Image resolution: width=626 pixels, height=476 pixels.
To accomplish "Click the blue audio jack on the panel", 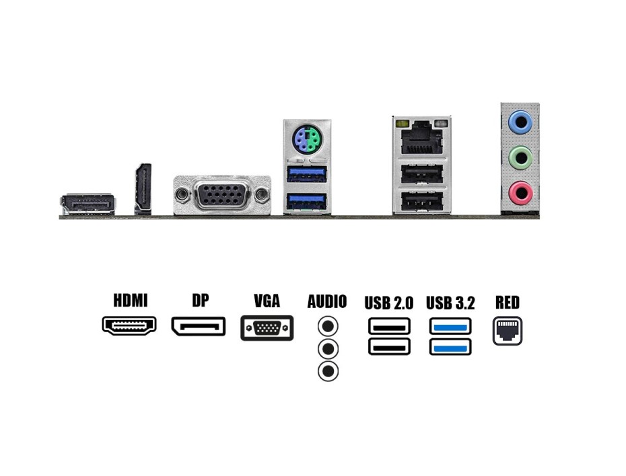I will coord(520,122).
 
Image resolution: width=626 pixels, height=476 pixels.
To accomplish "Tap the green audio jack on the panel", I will coord(520,158).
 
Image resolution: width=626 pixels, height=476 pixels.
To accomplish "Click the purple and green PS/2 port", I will coord(306,142).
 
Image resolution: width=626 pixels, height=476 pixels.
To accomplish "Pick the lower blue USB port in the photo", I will coord(307,200).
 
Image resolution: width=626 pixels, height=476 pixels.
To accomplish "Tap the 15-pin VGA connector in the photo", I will coord(222,196).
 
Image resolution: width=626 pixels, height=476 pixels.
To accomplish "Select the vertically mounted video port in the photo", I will coord(143,189).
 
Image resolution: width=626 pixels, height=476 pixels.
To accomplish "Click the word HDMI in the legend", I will coord(130,301).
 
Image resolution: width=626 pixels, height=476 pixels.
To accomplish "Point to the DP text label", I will coord(200,300).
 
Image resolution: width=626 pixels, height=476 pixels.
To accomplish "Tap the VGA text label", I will coord(267,301).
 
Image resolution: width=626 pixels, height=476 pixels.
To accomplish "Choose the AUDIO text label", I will coord(327,302).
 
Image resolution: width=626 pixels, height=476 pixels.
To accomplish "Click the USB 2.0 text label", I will coord(388,303).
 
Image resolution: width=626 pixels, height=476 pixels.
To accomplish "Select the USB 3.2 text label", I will coord(450,303).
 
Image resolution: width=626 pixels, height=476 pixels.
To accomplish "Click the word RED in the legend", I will coord(508,303).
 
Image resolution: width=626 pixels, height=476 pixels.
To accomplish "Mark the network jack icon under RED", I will coord(508,331).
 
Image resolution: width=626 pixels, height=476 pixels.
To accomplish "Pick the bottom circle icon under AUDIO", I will coord(328,371).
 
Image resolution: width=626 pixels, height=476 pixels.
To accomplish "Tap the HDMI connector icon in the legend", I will coord(129,325).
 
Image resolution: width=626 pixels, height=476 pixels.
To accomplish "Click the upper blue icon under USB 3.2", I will coord(450,326).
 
